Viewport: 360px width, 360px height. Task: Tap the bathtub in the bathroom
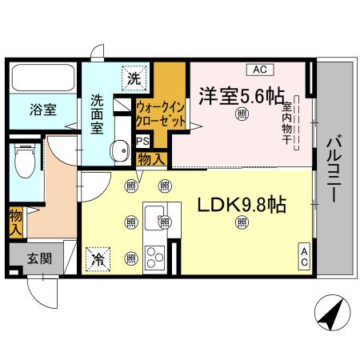click(x=43, y=80)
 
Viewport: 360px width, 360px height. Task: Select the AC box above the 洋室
click(x=262, y=69)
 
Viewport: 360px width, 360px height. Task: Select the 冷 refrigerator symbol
click(x=99, y=258)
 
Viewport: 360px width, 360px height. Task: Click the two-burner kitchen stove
click(x=155, y=258)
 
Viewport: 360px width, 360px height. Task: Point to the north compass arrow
click(x=330, y=314)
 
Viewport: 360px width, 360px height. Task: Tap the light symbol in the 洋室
click(x=241, y=115)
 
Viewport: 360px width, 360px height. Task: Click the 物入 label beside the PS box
click(x=152, y=159)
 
